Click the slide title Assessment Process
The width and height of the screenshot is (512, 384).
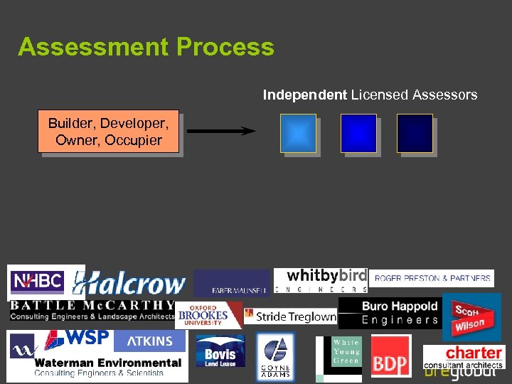coord(146,47)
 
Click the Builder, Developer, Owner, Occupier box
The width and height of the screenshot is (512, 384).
coord(109,132)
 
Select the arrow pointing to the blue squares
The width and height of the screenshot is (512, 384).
coord(220,131)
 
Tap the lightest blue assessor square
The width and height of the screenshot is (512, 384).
coord(298,133)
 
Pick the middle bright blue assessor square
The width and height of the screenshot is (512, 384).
coord(358,133)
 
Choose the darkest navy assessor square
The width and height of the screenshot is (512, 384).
coord(415,133)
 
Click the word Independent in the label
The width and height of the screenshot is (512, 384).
coord(305,95)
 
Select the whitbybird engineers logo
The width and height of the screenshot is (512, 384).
coord(320,279)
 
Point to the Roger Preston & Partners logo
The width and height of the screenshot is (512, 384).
coord(432,278)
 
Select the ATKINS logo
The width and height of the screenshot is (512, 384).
coord(149,341)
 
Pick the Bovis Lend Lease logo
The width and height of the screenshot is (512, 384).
coord(220,351)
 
